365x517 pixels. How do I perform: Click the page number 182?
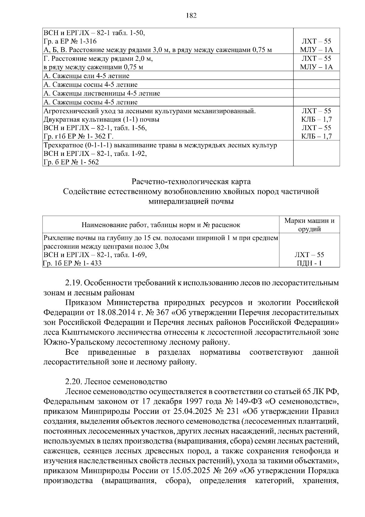click(x=191, y=16)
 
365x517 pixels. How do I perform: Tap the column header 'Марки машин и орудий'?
click(x=309, y=225)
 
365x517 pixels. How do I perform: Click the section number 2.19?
click(x=73, y=283)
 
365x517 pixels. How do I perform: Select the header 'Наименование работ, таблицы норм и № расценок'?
click(x=161, y=225)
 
